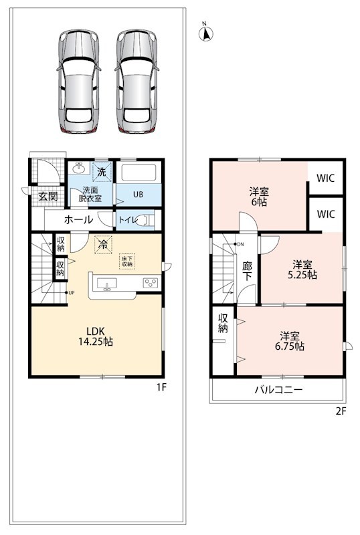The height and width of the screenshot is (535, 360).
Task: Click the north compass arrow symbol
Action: [206, 33]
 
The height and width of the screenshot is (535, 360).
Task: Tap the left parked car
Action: [79, 81]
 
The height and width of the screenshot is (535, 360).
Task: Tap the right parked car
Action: [137, 81]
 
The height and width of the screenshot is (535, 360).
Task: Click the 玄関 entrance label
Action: [48, 196]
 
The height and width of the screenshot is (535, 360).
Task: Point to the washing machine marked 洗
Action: [102, 172]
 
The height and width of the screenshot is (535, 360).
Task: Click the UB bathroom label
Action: [138, 195]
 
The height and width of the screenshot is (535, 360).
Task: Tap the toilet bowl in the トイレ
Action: [149, 220]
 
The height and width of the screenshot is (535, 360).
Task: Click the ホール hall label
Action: [78, 219]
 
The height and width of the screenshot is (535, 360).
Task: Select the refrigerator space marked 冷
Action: [103, 244]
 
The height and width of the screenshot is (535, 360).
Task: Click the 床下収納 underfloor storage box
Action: [127, 261]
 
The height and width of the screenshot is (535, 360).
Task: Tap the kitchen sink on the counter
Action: [106, 284]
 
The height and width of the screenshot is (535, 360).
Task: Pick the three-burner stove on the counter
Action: [151, 283]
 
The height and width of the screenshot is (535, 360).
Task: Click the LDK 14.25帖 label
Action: [96, 336]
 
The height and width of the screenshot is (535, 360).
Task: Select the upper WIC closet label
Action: [325, 178]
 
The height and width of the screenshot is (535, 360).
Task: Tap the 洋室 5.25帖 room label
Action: [302, 270]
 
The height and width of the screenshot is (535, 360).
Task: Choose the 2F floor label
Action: [341, 411]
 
